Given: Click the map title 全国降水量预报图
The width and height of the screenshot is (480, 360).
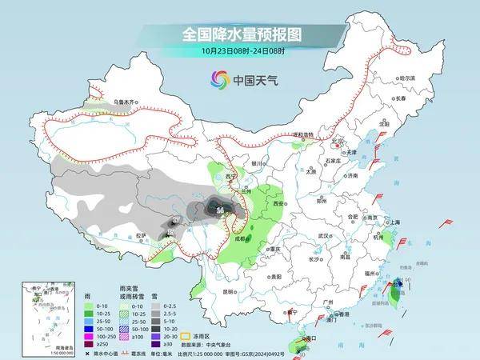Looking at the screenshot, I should tap(240, 34).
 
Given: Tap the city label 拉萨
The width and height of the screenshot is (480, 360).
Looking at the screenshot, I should tap(140, 235).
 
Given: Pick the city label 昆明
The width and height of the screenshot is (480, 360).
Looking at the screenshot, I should tap(229, 291).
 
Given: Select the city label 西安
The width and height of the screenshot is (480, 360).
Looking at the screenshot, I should tap(278, 205).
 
